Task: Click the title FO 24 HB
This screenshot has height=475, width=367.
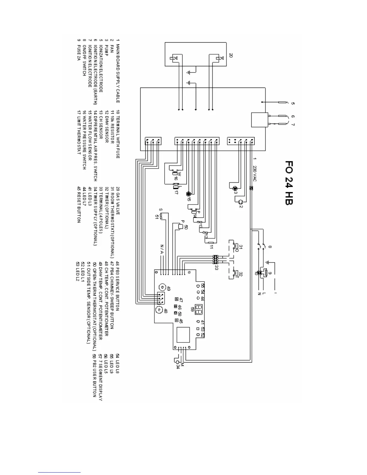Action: [x=288, y=183]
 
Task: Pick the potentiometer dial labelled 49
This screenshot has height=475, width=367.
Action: [x=162, y=288]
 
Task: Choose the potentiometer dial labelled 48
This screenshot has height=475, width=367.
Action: [x=159, y=310]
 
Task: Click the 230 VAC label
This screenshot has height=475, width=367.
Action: [x=255, y=172]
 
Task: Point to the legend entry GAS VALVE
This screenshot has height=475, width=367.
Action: [x=118, y=204]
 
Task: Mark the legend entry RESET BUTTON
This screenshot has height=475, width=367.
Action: [x=79, y=208]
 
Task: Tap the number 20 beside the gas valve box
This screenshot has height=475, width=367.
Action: [x=231, y=55]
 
